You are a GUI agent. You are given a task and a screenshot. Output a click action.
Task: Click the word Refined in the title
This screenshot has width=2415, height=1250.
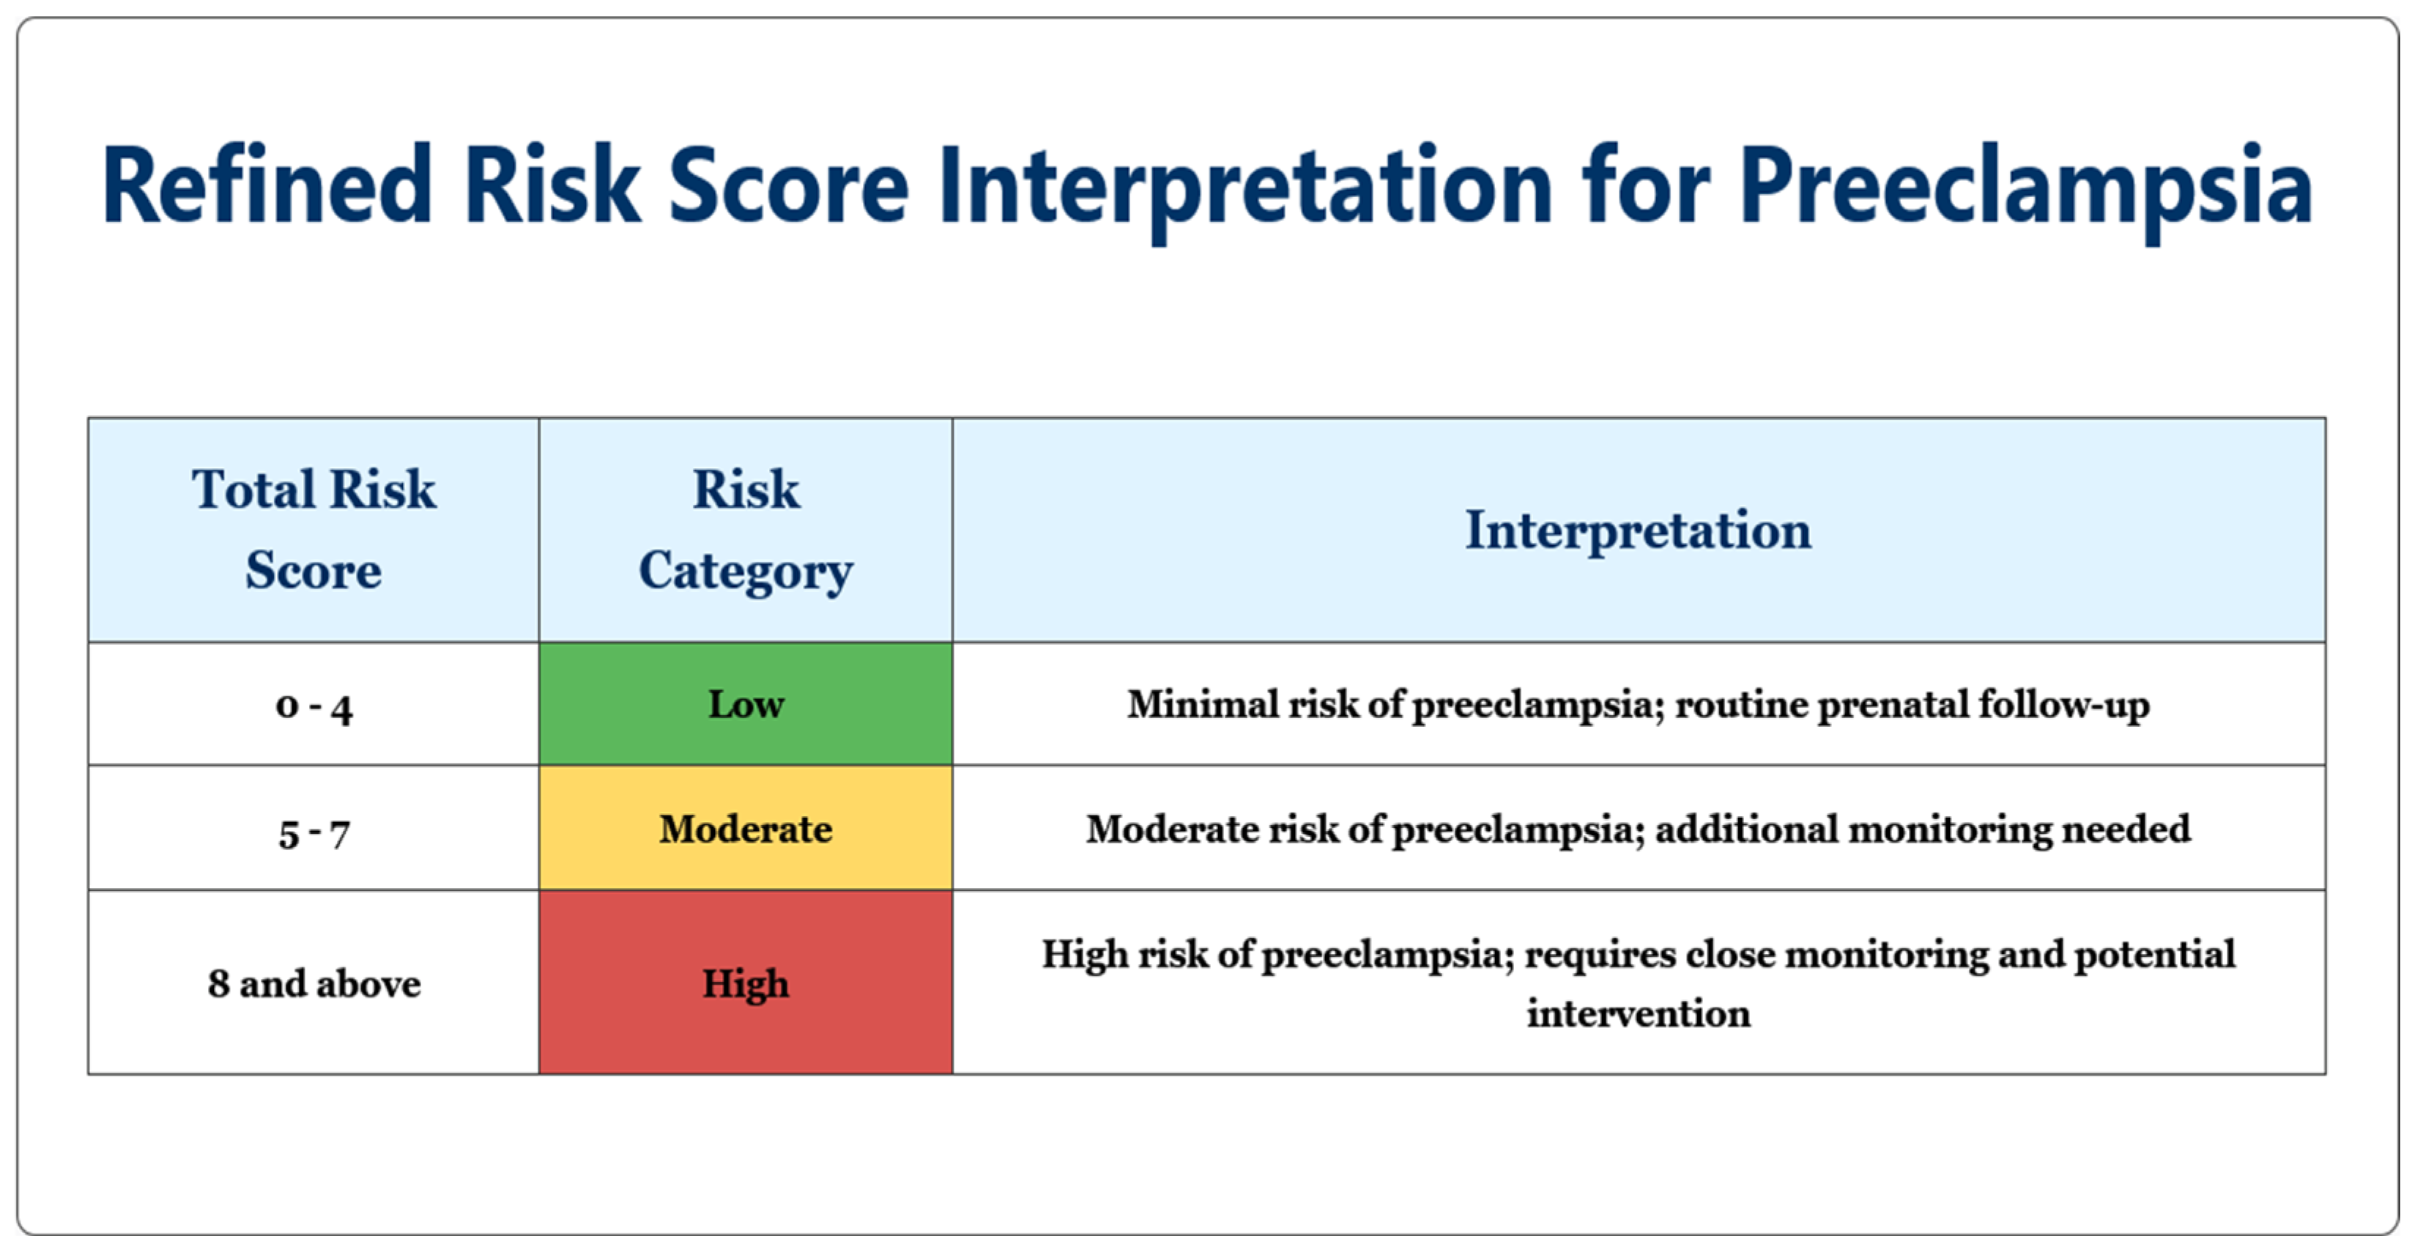[x=266, y=185]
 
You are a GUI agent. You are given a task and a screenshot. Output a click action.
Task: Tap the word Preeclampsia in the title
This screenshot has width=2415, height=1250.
[x=2026, y=192]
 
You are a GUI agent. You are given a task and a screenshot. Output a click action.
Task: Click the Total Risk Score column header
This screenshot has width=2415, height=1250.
[x=314, y=530]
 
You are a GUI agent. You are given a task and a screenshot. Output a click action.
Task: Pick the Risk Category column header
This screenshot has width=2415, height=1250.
[x=746, y=530]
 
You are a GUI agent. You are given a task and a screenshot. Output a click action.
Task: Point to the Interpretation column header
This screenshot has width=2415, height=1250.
[x=1639, y=530]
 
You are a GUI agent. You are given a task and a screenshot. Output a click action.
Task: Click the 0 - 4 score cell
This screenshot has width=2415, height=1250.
[x=314, y=704]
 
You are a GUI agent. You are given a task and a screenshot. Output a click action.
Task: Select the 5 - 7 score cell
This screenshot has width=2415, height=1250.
[x=314, y=829]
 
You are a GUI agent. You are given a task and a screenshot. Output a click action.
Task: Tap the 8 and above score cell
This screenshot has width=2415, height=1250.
[x=314, y=983]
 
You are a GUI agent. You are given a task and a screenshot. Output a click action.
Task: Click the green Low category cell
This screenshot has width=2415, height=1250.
[x=746, y=704]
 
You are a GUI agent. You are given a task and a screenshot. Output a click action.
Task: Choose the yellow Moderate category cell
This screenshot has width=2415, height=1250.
[x=746, y=829]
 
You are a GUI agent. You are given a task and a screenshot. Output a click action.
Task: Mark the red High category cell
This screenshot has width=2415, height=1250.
[x=746, y=983]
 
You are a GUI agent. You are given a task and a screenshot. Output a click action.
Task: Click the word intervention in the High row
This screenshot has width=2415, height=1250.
[x=1639, y=1013]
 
